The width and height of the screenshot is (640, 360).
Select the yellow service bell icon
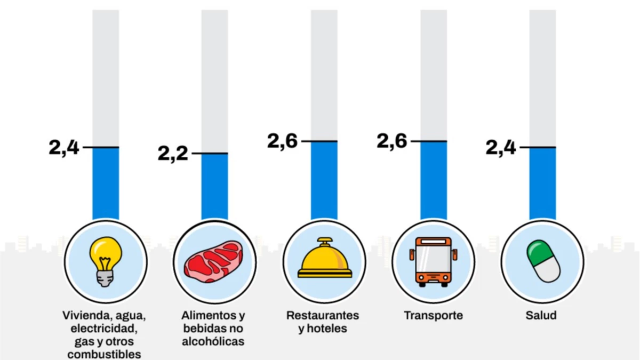coord(324,259)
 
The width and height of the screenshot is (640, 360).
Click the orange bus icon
coord(433,261)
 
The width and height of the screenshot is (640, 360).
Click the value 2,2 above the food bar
coord(173,154)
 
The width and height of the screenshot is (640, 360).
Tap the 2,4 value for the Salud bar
coord(501,147)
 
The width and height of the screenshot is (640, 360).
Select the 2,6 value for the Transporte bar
coord(392,141)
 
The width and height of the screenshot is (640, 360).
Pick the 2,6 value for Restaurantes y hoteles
coord(283,141)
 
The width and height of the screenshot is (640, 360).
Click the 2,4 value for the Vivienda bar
coord(64,147)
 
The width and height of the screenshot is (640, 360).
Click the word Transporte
coord(433,315)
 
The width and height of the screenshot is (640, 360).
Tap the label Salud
coord(541,315)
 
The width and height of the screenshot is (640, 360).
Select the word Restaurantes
coord(323,315)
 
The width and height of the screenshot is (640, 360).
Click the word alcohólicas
coord(213,341)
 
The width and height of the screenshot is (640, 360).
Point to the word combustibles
coord(105,354)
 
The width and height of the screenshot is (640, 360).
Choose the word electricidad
coord(105,328)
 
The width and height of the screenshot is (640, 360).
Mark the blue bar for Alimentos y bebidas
coord(214,187)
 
